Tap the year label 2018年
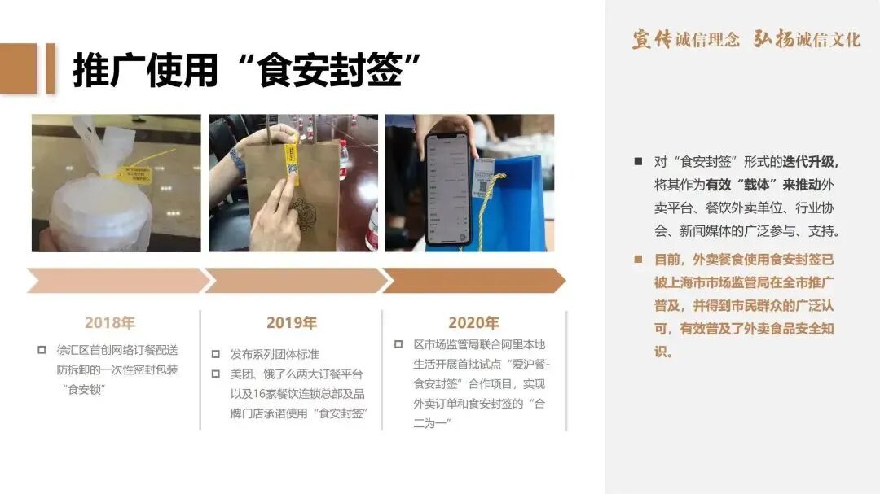point(110,323)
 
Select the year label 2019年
point(291,323)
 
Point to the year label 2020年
point(473,323)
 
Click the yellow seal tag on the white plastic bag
point(138,173)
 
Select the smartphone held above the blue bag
point(449,186)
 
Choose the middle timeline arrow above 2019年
point(294,281)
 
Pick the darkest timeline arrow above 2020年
point(473,281)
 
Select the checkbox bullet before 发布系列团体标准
point(216,354)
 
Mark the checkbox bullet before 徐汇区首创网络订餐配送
point(42,350)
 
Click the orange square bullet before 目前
point(638,260)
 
